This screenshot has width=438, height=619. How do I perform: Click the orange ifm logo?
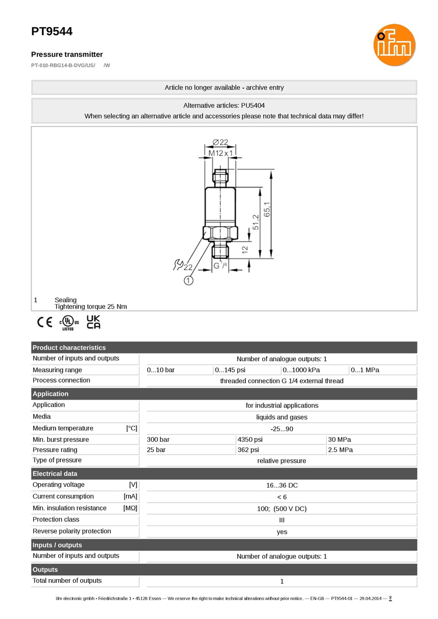(394, 45)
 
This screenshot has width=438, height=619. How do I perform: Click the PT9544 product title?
(52, 32)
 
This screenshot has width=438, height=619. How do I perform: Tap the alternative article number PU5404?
(253, 105)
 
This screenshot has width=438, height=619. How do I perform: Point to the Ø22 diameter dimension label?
(220, 142)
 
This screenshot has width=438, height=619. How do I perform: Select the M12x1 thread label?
(220, 153)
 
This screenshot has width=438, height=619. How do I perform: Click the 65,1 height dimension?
(267, 209)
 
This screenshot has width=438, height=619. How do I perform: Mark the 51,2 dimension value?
(256, 222)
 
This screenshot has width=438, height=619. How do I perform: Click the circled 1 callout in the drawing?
(189, 281)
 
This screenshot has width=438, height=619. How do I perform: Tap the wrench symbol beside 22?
(178, 264)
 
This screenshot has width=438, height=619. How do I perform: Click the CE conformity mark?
(45, 322)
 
